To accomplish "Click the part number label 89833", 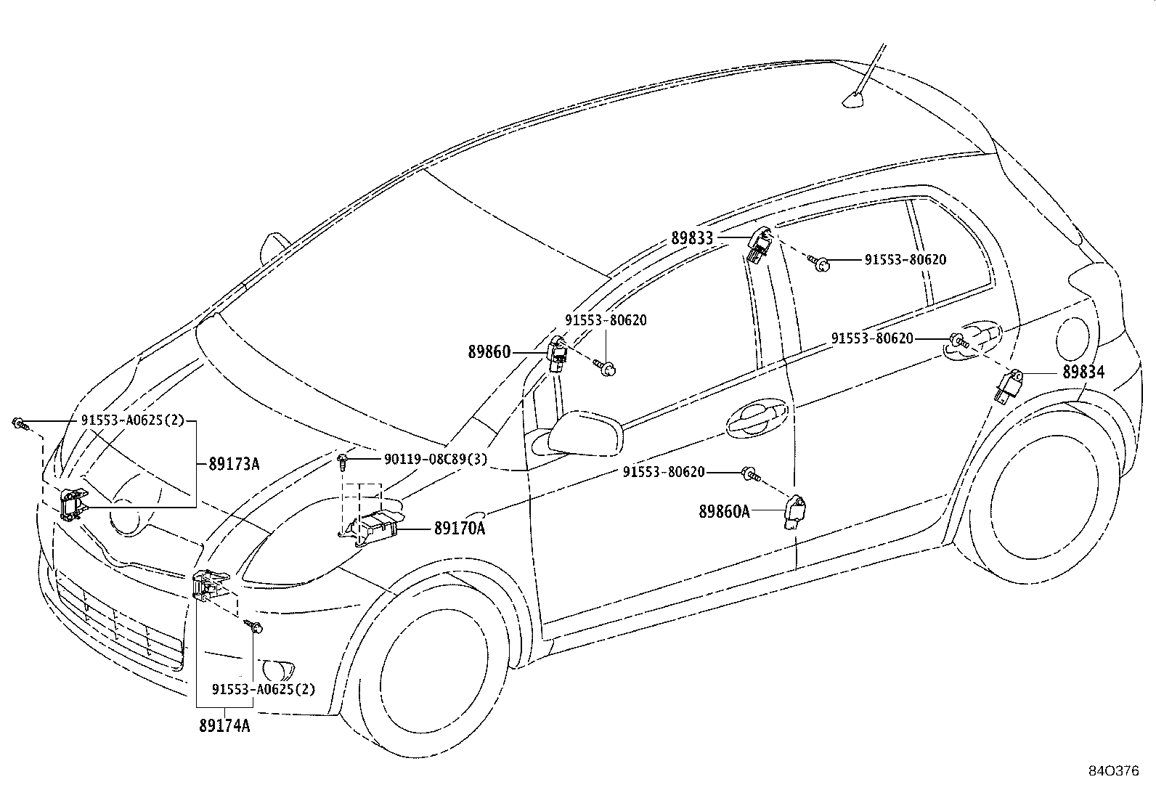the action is click(x=692, y=238).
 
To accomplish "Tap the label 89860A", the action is click(x=724, y=511).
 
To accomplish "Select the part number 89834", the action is click(x=1083, y=372).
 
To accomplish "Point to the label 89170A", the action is click(x=460, y=529).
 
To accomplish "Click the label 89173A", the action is click(x=234, y=464).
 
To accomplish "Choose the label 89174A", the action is click(x=224, y=725).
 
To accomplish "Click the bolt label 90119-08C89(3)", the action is click(x=436, y=459).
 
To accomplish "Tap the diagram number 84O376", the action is click(x=1114, y=771).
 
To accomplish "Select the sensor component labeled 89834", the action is click(x=1008, y=386).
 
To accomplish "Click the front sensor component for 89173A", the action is click(x=73, y=503).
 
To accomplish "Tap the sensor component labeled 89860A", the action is click(x=795, y=512).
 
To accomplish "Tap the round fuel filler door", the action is click(x=1073, y=338).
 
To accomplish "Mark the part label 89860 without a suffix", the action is click(x=489, y=352).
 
